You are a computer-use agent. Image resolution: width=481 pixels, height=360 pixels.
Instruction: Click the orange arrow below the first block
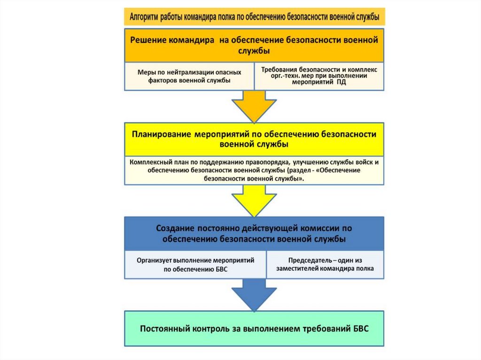click(254, 106)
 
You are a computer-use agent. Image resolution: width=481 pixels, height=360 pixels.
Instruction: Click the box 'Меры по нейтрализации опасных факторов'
click(189, 77)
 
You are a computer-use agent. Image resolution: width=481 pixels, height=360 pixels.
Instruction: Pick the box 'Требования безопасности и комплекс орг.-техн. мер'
click(319, 77)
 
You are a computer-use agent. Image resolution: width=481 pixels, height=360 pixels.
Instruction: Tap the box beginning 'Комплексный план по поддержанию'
click(254, 170)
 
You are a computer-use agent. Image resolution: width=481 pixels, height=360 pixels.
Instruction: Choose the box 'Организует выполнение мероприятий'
click(195, 265)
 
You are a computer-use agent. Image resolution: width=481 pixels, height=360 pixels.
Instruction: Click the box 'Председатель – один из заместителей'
click(325, 265)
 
